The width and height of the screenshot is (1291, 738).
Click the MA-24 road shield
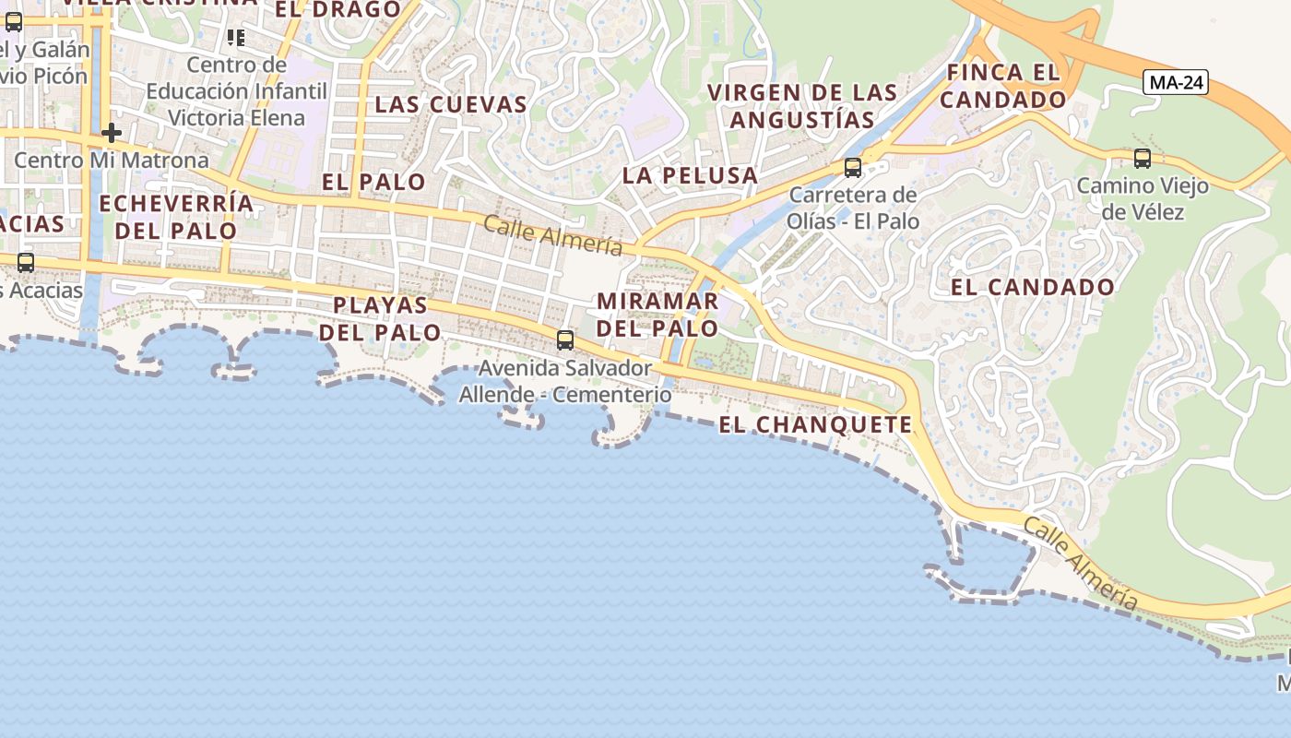1177,83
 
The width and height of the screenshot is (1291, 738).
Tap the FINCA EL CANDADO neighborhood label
1003,86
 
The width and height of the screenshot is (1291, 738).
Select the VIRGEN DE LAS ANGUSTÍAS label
802,105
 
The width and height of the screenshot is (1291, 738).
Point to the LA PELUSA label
690,175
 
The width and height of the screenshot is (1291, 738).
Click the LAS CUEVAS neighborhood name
451,104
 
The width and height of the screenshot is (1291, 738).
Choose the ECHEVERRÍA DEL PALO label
176,217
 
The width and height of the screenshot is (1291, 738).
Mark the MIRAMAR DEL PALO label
657,315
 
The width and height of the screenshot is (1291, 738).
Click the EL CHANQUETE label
815,425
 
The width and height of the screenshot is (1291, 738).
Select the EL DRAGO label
338,9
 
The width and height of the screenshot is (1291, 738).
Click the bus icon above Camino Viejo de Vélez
1143,159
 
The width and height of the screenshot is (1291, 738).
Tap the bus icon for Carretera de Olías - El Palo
853,168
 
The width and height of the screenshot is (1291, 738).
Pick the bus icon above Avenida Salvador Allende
565,340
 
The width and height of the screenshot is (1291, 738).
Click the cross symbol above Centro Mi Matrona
112,133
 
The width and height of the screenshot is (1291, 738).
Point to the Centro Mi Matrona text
112,161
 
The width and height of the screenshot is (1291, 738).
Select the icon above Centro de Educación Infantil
236,38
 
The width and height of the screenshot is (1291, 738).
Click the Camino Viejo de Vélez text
1143,198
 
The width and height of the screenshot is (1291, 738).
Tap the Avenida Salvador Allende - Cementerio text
565,381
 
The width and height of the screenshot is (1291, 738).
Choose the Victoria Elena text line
237,118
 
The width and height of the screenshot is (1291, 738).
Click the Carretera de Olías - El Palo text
853,208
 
